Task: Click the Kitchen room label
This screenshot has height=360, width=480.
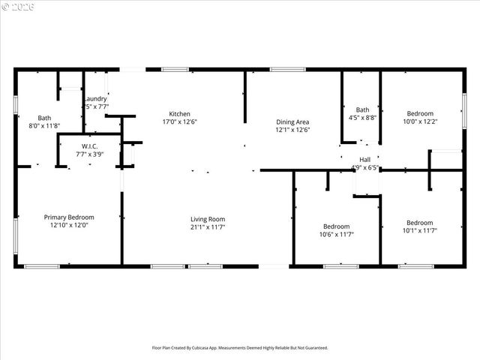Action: click(179, 114)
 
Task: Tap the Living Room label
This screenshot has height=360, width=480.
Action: click(207, 218)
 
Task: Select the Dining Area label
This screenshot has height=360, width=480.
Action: click(292, 121)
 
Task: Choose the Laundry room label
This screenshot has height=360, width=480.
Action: click(95, 98)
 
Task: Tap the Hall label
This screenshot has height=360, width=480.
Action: click(365, 159)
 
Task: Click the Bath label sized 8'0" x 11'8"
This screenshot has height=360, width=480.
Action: click(45, 118)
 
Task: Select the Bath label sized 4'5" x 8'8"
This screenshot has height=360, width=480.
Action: click(363, 109)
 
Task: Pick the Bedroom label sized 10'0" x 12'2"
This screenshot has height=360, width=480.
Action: click(420, 113)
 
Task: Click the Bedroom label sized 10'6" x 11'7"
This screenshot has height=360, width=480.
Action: click(336, 226)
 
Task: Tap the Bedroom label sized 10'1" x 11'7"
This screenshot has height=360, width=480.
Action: click(419, 223)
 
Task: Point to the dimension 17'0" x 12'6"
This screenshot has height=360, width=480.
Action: click(179, 121)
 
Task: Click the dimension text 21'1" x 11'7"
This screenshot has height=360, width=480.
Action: click(207, 226)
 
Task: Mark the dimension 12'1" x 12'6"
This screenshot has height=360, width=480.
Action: click(292, 130)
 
